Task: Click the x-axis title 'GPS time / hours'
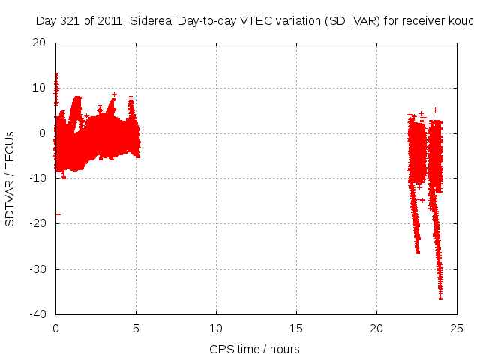[x=254, y=349]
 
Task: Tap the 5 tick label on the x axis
[x=136, y=328]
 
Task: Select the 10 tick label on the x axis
[x=216, y=328]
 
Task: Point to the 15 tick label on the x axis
[x=296, y=328]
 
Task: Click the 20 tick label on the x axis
[x=376, y=328]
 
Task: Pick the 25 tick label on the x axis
[x=457, y=328]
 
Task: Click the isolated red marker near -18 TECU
[x=58, y=214]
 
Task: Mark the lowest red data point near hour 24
[x=440, y=298]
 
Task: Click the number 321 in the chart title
[x=69, y=20]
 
